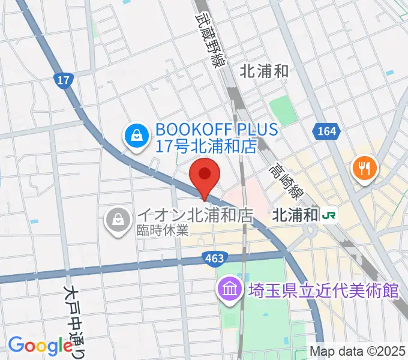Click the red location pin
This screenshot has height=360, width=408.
pos(205,175)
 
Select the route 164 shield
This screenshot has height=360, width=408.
pos(326,131)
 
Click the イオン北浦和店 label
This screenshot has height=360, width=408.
pos(193,215)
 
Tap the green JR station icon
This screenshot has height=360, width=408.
pos(329,214)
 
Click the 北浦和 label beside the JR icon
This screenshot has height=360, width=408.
pos(295,215)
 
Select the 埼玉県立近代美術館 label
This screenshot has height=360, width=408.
pos(323,292)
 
